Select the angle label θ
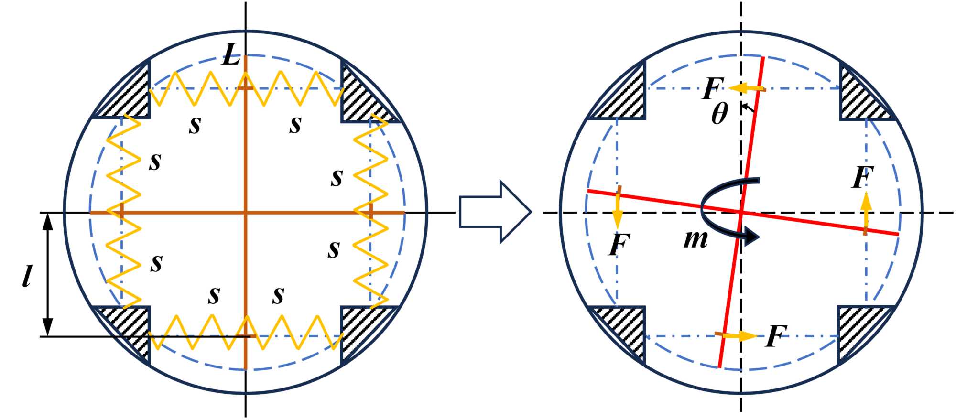719,114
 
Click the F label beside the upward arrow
863,177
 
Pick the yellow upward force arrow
866,210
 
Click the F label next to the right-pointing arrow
776,336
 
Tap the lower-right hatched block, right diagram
858,330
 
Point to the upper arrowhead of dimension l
47,221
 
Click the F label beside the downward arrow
619,245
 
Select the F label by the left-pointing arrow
713,88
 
